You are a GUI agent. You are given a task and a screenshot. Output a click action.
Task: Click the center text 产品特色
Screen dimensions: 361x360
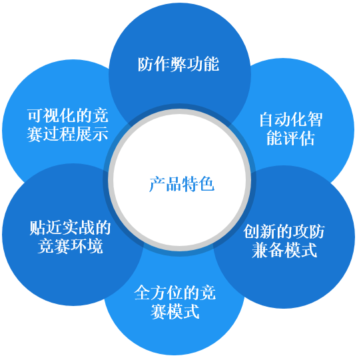(x=182, y=184)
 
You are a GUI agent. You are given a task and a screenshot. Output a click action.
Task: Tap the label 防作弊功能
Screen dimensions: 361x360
(x=179, y=64)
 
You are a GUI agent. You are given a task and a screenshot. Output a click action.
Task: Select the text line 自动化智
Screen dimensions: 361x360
(x=291, y=119)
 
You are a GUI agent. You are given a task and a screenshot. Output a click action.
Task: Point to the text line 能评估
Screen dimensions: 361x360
(x=290, y=138)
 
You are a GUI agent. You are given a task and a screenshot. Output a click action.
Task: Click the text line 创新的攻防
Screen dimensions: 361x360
(x=284, y=231)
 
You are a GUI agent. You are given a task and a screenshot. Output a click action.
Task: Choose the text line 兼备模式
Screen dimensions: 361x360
(x=284, y=250)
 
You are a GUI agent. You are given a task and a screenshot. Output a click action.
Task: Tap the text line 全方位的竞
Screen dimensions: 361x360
(x=175, y=293)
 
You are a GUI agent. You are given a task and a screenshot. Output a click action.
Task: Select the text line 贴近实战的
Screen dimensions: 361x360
(x=70, y=228)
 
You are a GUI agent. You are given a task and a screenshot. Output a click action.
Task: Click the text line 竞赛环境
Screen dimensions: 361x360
(x=70, y=247)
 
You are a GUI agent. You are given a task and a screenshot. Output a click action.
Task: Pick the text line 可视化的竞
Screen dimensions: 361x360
(x=68, y=115)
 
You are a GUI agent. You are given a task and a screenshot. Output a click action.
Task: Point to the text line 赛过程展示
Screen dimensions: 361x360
(x=67, y=134)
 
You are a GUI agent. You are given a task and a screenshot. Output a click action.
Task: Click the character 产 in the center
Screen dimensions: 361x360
(x=157, y=184)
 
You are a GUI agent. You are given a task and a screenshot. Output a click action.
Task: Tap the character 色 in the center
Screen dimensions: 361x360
(x=207, y=184)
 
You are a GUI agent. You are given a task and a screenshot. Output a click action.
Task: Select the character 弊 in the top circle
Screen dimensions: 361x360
(x=179, y=64)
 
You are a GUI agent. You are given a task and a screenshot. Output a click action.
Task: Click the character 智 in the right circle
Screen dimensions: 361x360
(x=315, y=119)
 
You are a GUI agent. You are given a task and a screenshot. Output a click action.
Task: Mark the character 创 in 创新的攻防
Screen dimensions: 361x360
(x=251, y=231)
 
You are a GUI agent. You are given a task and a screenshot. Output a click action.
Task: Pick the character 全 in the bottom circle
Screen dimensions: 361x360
(x=143, y=293)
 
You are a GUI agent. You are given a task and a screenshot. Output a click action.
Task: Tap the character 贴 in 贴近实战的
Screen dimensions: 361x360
(x=37, y=228)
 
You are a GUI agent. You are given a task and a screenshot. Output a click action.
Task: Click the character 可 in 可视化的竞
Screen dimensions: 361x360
(x=35, y=115)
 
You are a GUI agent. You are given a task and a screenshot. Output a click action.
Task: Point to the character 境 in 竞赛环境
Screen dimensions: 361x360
(x=95, y=247)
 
